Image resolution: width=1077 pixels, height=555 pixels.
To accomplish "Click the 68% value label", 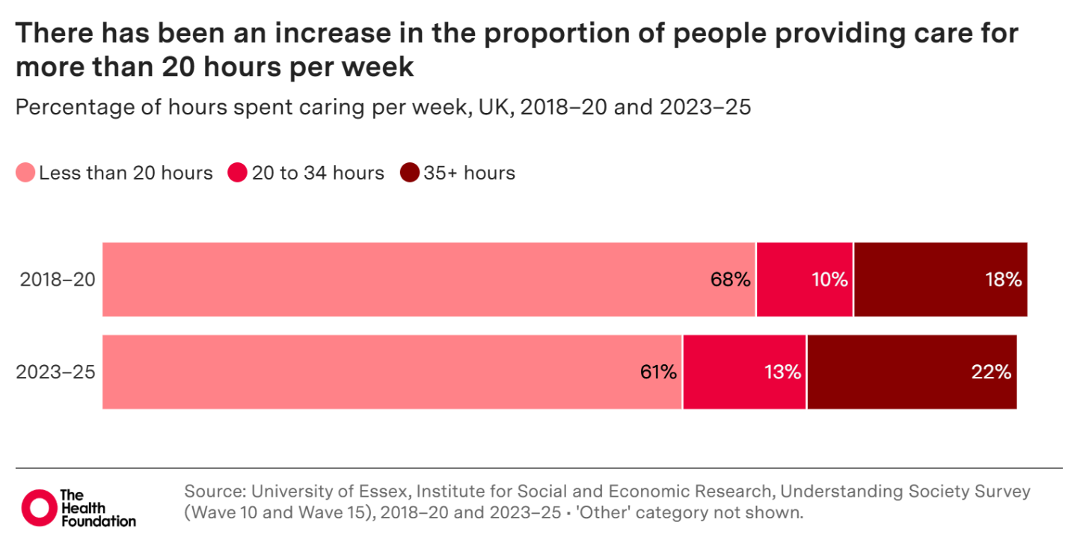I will (x=730, y=280).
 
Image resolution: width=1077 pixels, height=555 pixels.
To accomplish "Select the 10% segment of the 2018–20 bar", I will (x=805, y=280).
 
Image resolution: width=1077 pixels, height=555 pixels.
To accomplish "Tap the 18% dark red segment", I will (x=940, y=280).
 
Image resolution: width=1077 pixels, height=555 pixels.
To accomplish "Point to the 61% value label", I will (x=658, y=372).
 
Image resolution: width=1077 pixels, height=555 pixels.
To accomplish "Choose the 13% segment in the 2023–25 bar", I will (x=745, y=372).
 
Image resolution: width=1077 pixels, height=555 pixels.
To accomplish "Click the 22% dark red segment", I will (x=912, y=372).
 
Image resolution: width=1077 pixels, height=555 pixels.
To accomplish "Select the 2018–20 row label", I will (x=57, y=280).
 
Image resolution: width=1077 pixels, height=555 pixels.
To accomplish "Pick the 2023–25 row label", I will (x=57, y=372).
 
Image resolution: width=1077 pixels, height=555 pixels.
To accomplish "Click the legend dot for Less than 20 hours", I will (x=25, y=174).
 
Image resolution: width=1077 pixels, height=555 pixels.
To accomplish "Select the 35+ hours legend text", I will (x=469, y=174).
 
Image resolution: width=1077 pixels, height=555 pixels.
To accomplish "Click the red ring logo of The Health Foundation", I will (x=38, y=508).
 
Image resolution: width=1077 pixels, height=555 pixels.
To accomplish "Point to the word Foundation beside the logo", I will (x=97, y=521).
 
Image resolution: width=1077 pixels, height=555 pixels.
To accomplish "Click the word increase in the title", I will (x=294, y=35).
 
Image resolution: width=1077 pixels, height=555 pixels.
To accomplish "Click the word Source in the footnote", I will (x=212, y=492).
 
